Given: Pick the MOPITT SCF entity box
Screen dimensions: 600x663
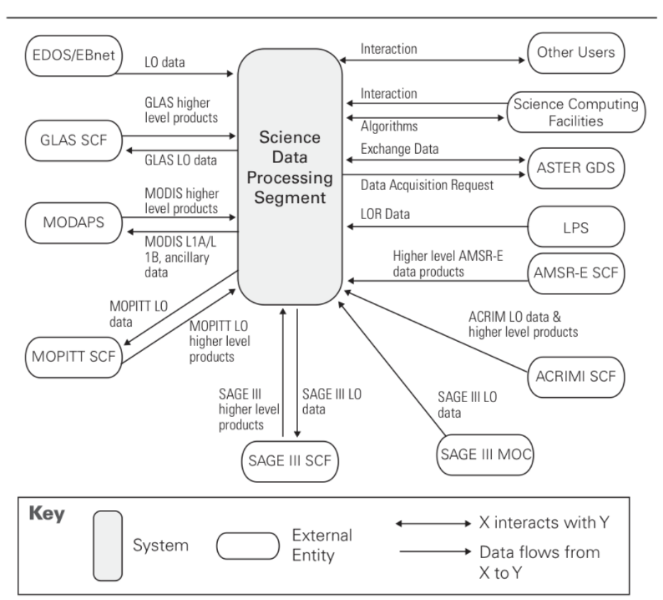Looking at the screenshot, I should tap(69, 353).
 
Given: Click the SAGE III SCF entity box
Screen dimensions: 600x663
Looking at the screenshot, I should tap(290, 461).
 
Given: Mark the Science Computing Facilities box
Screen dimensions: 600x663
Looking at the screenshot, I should tap(575, 112).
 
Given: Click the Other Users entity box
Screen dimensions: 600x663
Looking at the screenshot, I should tap(575, 52).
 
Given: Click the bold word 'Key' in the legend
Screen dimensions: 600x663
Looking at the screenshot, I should tap(48, 513).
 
